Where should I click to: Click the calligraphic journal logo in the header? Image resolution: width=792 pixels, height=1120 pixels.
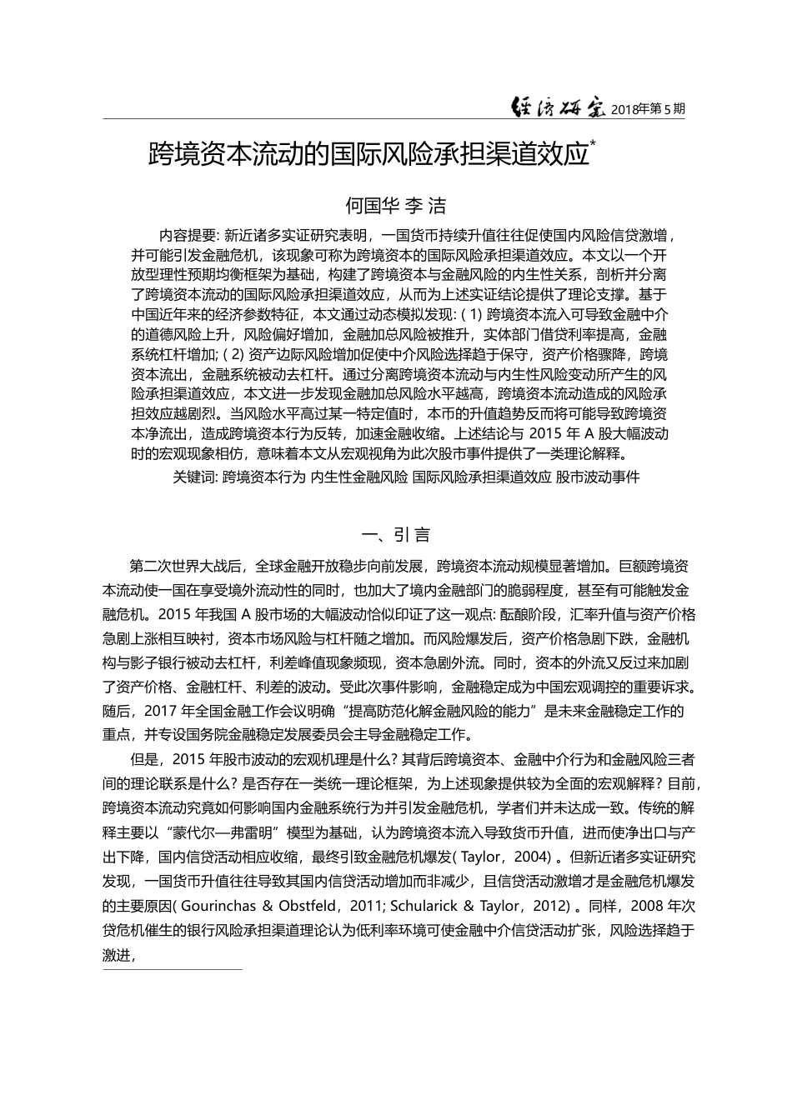pyautogui.click(x=558, y=107)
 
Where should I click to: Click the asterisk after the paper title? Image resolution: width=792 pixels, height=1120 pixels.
pyautogui.click(x=593, y=143)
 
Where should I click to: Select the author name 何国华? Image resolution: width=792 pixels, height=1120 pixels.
pyautogui.click(x=370, y=205)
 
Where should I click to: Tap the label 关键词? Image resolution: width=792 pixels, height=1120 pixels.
pyautogui.click(x=193, y=477)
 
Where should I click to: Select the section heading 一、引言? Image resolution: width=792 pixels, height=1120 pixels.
pyautogui.click(x=395, y=534)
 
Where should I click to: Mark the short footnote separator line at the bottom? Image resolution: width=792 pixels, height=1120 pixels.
pyautogui.click(x=172, y=969)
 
